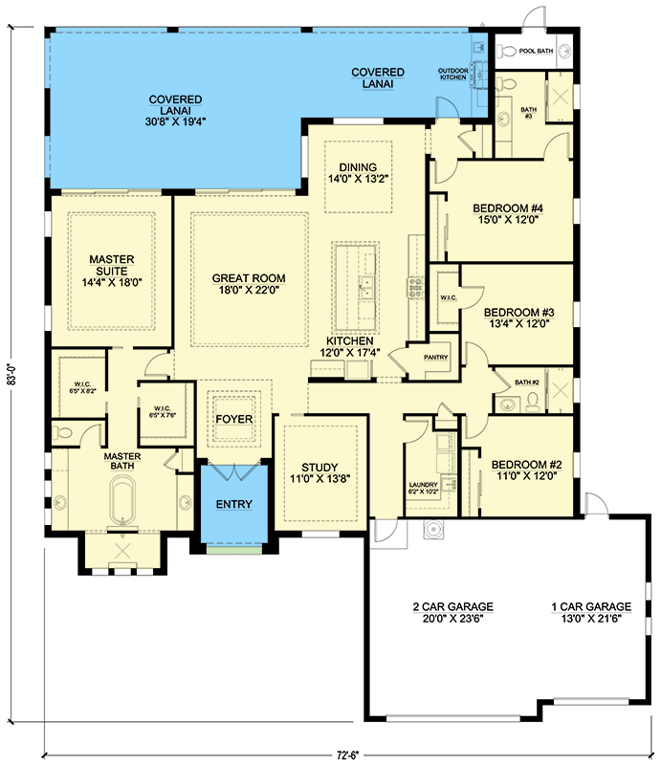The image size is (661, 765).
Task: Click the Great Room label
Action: tap(249, 278)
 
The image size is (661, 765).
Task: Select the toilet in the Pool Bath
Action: tap(507, 51)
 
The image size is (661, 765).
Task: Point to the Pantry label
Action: tap(435, 357)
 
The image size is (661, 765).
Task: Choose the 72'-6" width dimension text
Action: tap(347, 755)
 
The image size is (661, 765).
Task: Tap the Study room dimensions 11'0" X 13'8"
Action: tap(319, 479)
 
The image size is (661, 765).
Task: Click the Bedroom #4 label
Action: tap(508, 208)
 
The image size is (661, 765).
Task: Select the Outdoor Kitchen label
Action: tap(453, 75)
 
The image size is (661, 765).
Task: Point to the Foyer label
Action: tap(234, 419)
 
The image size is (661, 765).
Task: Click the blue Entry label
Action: tap(234, 504)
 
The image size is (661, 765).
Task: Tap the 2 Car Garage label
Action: tap(453, 606)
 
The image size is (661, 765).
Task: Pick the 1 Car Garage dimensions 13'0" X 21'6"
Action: tap(591, 618)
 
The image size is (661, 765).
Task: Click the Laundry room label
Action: tap(423, 485)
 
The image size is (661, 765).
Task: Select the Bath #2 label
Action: tap(527, 382)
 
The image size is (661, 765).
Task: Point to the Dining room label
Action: tap(358, 166)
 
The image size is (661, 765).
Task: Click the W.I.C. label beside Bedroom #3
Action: tap(448, 297)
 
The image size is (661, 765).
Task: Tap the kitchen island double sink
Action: tap(365, 288)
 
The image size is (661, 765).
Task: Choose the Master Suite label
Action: tap(112, 265)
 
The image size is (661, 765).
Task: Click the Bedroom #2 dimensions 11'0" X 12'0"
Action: tap(526, 475)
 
